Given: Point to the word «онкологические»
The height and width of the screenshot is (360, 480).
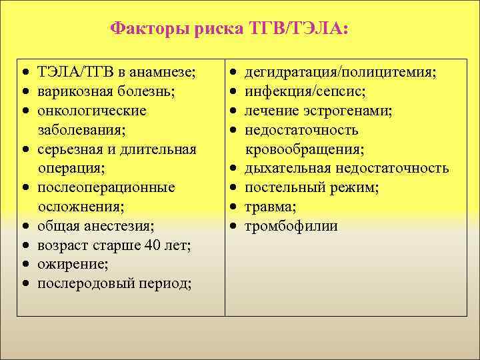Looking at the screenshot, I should coord(92,110).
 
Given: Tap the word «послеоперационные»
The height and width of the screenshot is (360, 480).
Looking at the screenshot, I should coord(107,188).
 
